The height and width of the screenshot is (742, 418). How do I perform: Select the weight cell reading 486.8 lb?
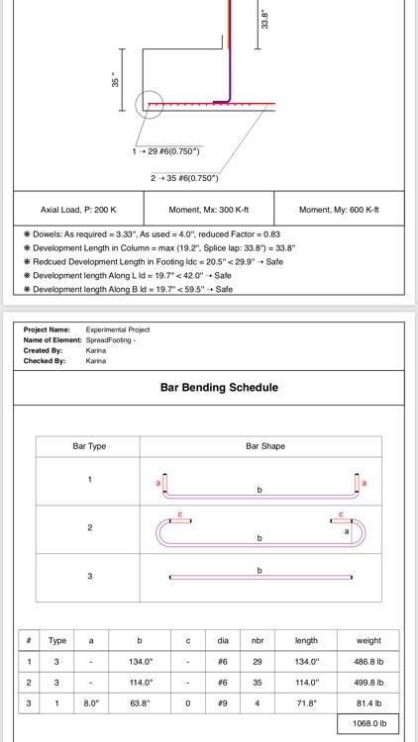pos(367,662)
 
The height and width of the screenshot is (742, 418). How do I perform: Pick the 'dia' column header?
pos(223,641)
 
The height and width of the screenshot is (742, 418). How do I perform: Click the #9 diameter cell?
pos(223,703)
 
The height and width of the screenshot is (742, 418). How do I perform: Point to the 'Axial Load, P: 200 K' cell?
pos(78,210)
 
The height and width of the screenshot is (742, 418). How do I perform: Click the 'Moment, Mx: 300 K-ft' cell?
pos(207,210)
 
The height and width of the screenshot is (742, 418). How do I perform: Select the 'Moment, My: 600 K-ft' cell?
pos(339,210)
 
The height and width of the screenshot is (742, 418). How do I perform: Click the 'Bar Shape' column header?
pos(264,446)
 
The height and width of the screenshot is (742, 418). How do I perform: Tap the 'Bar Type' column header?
pos(89,446)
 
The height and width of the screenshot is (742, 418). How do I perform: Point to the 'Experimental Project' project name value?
pos(118,329)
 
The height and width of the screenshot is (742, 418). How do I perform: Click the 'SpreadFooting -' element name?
pos(111,340)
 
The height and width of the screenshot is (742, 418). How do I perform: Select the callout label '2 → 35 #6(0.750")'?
pos(184,178)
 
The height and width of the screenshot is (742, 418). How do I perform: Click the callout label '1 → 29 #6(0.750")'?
pos(166,151)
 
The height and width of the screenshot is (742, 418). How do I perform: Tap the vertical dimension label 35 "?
pos(116,81)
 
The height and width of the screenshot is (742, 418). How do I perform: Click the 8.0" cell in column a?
pos(91,703)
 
